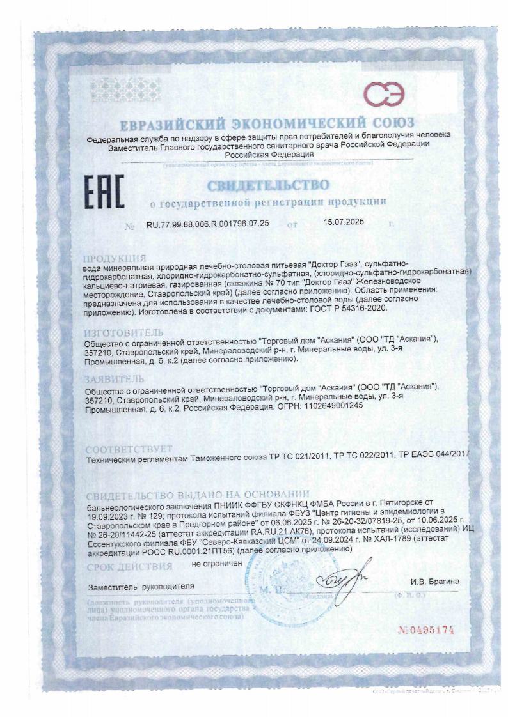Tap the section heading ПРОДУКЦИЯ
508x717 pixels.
[115, 257]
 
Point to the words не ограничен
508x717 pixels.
[217, 564]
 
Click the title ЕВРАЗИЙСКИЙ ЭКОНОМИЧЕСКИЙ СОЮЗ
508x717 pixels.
[267, 122]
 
